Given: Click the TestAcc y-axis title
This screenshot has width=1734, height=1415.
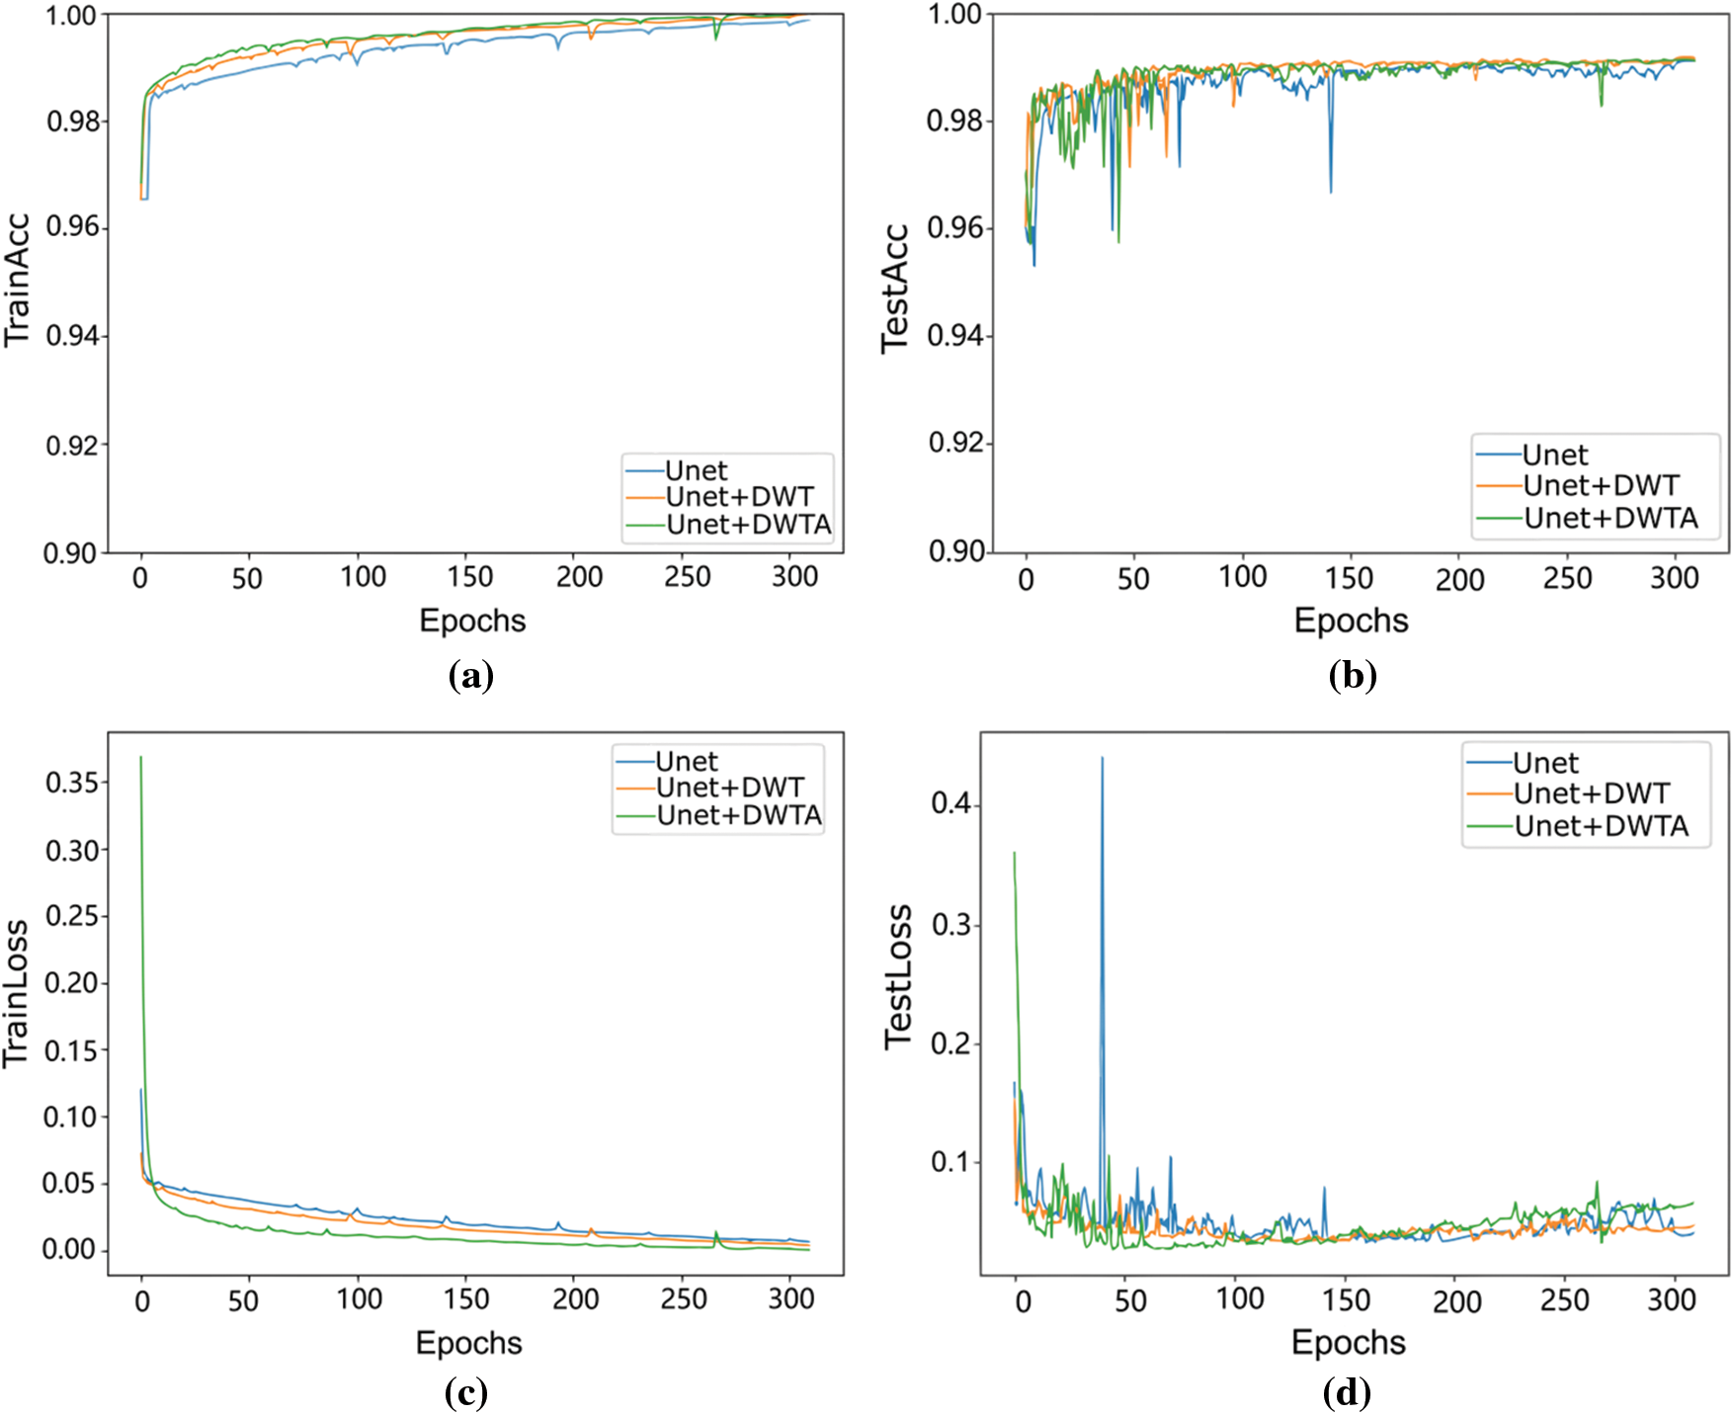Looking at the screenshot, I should [x=894, y=288].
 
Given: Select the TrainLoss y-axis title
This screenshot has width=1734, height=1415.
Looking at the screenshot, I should [x=16, y=993].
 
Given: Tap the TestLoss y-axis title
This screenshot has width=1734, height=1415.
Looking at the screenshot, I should [x=897, y=976].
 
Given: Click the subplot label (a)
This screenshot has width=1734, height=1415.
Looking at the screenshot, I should [x=470, y=677].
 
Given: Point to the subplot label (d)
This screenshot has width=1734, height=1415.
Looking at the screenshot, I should [x=1347, y=1393].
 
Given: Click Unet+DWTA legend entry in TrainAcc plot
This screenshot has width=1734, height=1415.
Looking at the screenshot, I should [x=748, y=525].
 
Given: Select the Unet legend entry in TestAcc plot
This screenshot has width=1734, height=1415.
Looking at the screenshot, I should [x=1554, y=456].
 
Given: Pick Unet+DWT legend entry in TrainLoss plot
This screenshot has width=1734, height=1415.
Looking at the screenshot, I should [x=729, y=788].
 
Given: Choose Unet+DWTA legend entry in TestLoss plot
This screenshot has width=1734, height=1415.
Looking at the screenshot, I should [x=1601, y=826].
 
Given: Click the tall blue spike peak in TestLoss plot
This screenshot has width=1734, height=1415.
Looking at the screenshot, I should [x=1102, y=759].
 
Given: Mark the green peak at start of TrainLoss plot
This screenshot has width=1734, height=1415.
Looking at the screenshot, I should [x=141, y=758].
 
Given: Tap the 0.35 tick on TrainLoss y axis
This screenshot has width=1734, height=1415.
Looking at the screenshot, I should [x=72, y=783].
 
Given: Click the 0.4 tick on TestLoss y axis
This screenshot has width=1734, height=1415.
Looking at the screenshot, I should [x=950, y=803].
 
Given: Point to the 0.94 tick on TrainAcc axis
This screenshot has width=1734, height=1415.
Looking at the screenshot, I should [x=72, y=336].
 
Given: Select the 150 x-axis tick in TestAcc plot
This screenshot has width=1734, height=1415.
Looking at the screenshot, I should [x=1348, y=578].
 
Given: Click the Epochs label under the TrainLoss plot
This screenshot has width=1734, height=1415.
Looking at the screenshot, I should [x=468, y=1343].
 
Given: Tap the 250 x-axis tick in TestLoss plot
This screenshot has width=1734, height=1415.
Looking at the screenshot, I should [x=1563, y=1299].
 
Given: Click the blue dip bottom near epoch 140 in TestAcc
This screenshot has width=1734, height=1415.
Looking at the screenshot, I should [x=1330, y=191].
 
